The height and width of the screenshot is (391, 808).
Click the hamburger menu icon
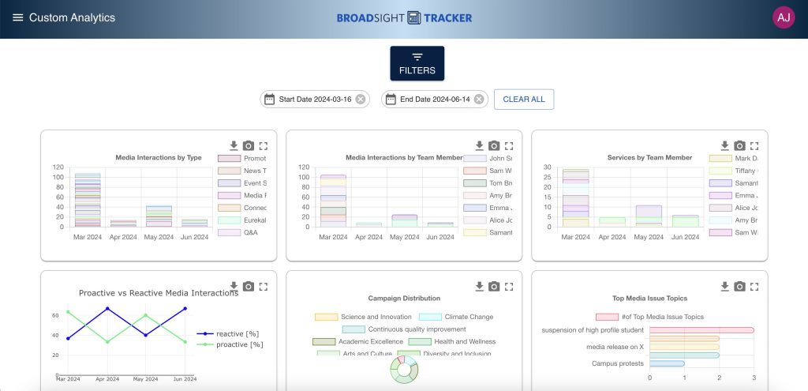[17, 17]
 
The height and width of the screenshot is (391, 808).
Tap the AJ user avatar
[784, 17]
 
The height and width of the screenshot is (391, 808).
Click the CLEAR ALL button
[524, 100]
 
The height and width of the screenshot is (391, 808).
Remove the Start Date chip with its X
[361, 100]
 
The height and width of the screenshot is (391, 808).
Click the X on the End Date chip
[479, 100]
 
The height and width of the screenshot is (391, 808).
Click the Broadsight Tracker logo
[404, 17]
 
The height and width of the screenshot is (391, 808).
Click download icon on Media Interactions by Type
[234, 145]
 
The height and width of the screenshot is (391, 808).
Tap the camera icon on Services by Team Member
[739, 145]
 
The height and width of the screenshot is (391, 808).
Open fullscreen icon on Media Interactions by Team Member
[509, 145]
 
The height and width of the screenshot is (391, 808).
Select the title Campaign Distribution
[404, 299]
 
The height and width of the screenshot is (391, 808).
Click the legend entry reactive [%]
[229, 334]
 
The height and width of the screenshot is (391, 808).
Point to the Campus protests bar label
[617, 363]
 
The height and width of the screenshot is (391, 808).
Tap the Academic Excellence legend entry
[364, 341]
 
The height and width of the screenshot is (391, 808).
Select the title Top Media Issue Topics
[649, 299]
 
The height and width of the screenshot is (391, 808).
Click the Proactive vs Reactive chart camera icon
[249, 286]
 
